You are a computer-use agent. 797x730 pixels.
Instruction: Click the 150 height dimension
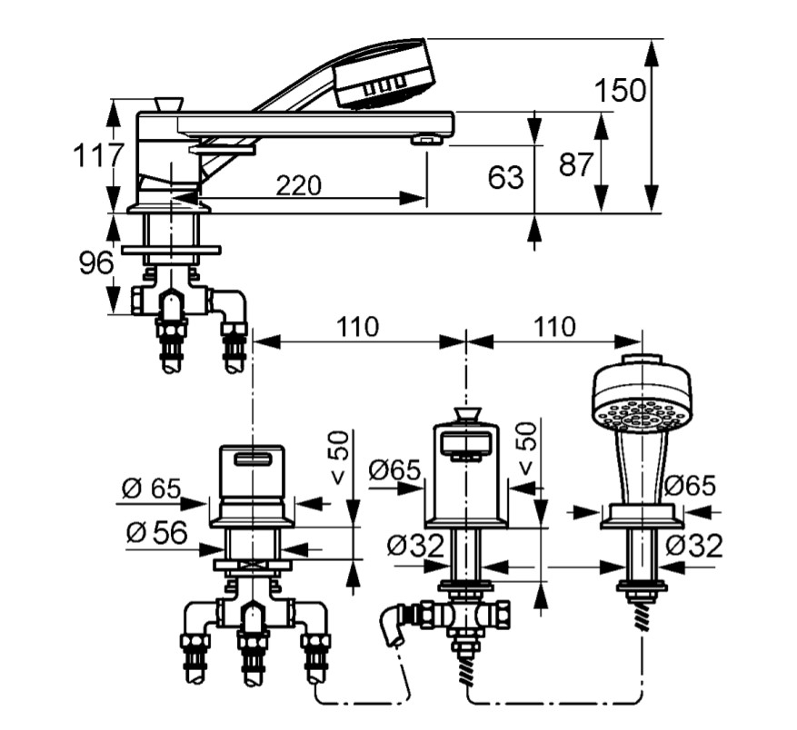click(620, 90)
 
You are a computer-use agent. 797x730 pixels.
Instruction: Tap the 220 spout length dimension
click(299, 185)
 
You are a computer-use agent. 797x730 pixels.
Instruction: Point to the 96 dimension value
click(96, 263)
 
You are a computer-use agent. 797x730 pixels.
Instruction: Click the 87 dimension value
click(576, 164)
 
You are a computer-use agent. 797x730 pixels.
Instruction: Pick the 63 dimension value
click(505, 177)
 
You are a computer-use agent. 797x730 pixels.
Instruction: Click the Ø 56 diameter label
click(157, 533)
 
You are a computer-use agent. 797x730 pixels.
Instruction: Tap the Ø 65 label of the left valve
click(151, 489)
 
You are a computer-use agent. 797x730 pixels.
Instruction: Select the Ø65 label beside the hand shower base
click(690, 486)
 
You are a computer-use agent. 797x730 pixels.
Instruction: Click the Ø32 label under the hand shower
click(694, 546)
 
